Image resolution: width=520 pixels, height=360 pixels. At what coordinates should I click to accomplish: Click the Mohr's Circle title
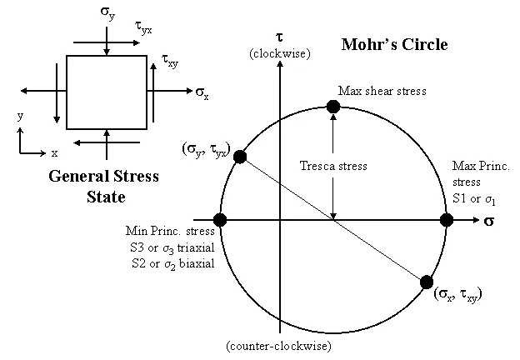point(394,44)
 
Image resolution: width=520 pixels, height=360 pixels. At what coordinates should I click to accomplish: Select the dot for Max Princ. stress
point(446,220)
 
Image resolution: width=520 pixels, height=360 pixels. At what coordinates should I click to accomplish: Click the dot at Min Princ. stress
point(220,220)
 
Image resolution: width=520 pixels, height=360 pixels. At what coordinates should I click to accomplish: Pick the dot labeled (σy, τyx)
point(241,157)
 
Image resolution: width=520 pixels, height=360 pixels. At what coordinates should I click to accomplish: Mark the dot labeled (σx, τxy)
point(426,282)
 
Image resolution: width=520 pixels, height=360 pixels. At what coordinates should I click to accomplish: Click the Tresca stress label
point(333,166)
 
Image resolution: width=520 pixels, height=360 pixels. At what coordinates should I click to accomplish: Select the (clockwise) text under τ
point(280,54)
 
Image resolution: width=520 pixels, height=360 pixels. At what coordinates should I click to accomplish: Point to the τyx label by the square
point(143,28)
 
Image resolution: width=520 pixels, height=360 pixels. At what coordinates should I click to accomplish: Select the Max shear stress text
point(382,90)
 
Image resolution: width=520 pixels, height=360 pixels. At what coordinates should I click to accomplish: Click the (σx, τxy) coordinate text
point(458,294)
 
